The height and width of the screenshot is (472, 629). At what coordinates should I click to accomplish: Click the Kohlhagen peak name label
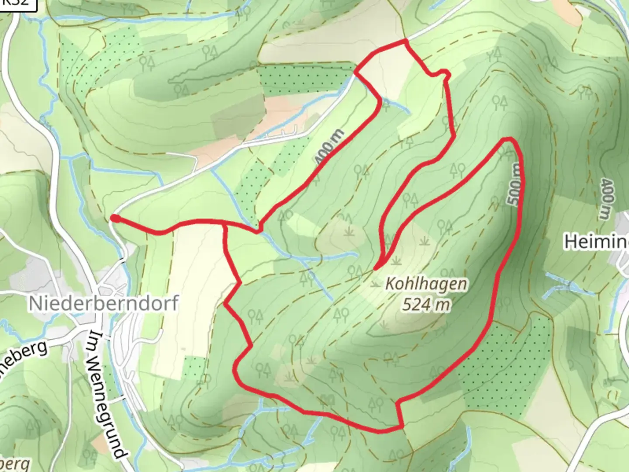pos(426,285)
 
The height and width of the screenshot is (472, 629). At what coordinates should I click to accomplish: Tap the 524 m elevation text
pos(426,304)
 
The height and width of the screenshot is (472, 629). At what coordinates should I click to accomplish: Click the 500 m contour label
pos(515,184)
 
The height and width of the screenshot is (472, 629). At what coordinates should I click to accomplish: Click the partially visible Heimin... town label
pos(597,242)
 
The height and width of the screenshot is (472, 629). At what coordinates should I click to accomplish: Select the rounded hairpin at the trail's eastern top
pos(508,140)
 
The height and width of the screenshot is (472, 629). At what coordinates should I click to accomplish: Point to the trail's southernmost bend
pos(380,431)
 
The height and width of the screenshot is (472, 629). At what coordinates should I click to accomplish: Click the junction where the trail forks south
pos(225,225)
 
